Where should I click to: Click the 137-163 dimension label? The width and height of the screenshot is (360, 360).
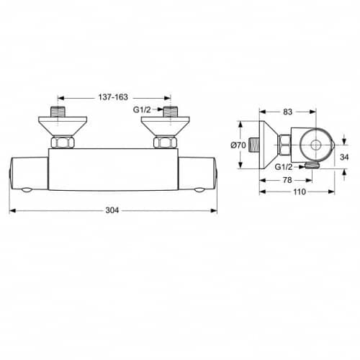click(113, 97)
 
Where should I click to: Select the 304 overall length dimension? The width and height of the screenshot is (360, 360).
click(112, 210)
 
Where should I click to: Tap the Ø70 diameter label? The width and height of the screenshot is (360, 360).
click(238, 145)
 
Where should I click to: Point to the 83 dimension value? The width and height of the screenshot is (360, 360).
click(287, 112)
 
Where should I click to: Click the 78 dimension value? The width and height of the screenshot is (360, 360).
click(287, 180)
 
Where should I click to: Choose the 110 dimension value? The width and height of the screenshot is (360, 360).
click(300, 192)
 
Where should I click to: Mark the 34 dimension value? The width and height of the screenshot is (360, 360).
click(344, 157)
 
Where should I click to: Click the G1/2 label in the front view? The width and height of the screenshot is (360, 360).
click(142, 109)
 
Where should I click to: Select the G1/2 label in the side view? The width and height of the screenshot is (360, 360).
click(284, 167)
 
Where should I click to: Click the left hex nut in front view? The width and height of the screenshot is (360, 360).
click(63, 143)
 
